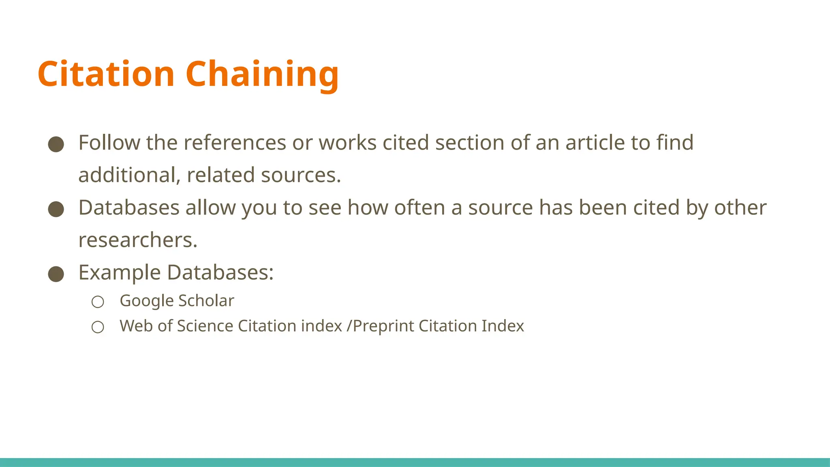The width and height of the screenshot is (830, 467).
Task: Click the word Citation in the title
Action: click(x=106, y=74)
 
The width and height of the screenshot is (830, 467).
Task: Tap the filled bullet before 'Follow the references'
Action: click(x=56, y=144)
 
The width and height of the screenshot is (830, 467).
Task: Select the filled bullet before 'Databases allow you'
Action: click(x=56, y=209)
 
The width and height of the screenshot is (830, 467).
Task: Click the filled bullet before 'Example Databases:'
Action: click(x=56, y=274)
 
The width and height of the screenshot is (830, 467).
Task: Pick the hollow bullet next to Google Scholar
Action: click(x=98, y=302)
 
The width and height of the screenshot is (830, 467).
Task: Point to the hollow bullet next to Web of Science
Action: click(x=98, y=327)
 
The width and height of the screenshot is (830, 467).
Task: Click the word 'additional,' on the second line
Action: click(x=129, y=175)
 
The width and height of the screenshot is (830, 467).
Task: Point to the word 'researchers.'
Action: click(x=138, y=240)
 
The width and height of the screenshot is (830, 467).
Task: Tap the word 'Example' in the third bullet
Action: click(x=120, y=272)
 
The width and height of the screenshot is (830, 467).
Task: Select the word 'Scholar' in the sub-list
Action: click(x=206, y=301)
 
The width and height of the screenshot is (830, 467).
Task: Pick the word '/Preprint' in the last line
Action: click(x=380, y=326)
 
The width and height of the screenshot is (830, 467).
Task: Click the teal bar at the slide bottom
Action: click(x=415, y=462)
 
